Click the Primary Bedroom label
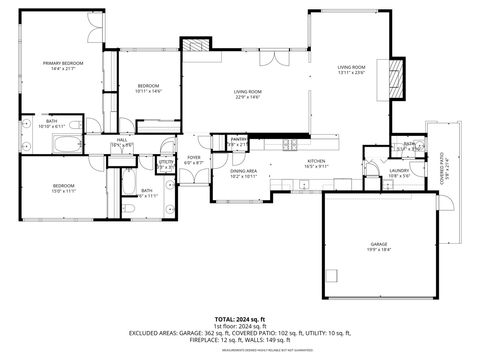point(62,63)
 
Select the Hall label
point(121,140)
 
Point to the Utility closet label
point(166,161)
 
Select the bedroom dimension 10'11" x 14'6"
point(148,91)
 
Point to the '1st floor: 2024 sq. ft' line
point(239,326)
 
